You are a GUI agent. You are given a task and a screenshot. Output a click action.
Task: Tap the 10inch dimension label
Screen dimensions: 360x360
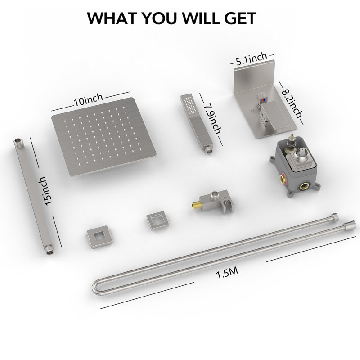88,100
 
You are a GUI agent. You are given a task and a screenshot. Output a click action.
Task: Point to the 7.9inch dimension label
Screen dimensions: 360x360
213,119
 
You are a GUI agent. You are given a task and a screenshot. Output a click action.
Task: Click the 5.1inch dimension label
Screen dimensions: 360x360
252,59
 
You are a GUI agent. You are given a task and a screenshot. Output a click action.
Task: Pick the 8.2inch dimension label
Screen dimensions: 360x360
292,103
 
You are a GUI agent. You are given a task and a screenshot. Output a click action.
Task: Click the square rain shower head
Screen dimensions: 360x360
104,137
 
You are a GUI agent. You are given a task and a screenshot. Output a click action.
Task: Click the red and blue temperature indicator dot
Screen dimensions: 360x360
264,100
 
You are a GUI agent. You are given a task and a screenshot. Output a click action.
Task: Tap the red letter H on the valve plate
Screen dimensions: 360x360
253,111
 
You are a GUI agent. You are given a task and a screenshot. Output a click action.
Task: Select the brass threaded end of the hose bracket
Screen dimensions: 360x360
196,205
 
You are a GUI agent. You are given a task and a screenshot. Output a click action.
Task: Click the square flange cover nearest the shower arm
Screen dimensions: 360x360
99,237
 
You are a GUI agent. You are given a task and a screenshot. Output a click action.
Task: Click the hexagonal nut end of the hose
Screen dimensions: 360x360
335,217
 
